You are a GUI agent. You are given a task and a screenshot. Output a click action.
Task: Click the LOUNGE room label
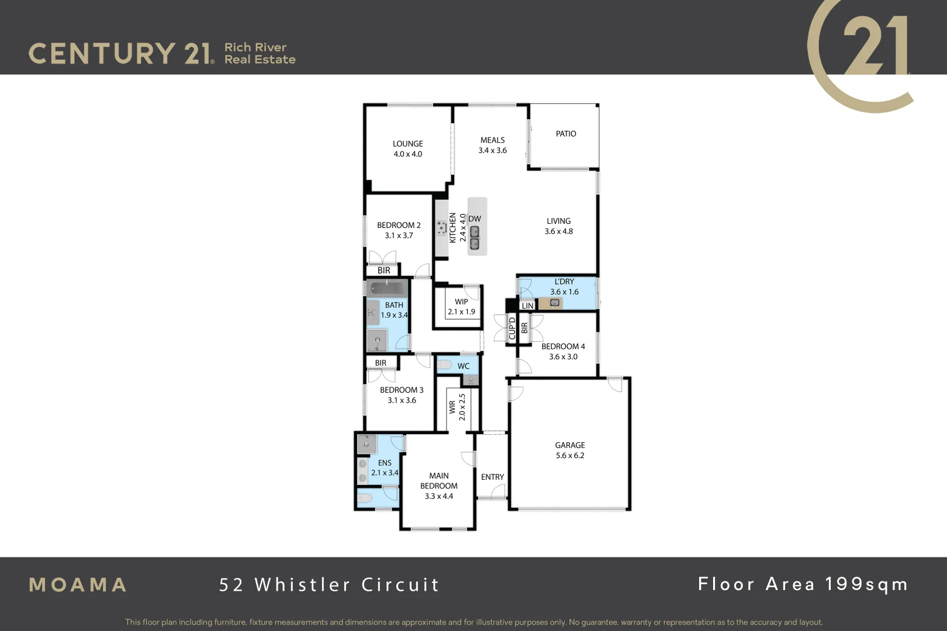[x=407, y=144]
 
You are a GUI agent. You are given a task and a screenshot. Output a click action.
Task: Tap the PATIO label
[x=565, y=134]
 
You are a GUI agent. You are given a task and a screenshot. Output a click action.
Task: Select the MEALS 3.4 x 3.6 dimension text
[x=492, y=150]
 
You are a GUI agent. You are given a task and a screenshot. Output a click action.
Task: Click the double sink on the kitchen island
[x=475, y=237]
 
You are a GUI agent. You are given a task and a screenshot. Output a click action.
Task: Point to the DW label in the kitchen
[x=474, y=219]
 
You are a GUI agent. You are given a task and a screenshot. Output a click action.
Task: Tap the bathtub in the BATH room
[x=386, y=288]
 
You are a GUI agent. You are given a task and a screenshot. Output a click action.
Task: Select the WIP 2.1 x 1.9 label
[x=461, y=307]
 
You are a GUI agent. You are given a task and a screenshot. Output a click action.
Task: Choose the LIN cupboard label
[x=527, y=306]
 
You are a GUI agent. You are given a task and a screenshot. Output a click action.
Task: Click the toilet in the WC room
[x=444, y=365]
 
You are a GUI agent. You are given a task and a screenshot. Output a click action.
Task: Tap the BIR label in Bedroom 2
[x=383, y=271]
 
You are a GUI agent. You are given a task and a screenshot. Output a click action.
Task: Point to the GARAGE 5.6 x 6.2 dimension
[x=570, y=456]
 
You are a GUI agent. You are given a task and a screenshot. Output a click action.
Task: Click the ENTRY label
[x=492, y=477]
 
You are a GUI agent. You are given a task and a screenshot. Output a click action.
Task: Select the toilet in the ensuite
[x=365, y=498]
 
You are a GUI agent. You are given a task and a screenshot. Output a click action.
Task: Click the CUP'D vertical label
[x=512, y=328]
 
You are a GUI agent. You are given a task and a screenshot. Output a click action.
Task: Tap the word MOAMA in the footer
[x=78, y=585]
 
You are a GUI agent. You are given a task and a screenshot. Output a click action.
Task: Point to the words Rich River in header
[x=255, y=47]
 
